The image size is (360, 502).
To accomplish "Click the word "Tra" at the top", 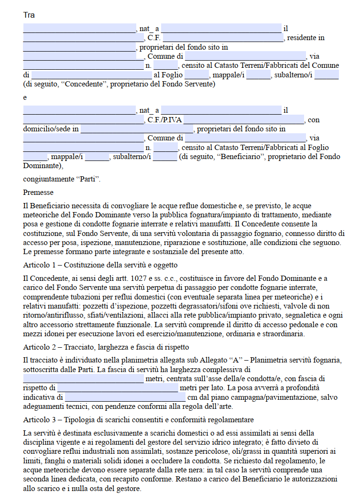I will point(29,15).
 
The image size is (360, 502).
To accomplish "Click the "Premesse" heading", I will point(38,192).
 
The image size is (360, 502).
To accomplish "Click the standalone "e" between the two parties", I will point(25,97).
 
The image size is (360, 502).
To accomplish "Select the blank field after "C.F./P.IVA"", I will point(244,119).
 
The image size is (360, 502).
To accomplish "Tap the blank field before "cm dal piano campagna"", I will point(125,397).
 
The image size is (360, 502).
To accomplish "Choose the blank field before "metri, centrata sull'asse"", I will point(83,379).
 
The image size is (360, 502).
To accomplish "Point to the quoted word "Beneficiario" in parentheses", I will point(240,157).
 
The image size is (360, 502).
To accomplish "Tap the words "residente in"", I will point(305,38).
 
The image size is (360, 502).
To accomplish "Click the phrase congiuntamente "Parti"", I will point(62,180).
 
